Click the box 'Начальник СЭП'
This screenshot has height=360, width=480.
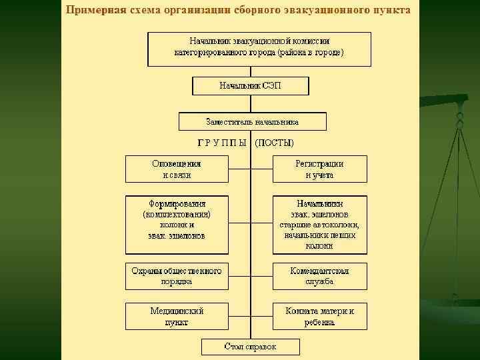tap(251, 86)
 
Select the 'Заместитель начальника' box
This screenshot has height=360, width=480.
tap(252, 122)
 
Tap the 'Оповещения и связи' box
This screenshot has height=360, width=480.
tap(177, 169)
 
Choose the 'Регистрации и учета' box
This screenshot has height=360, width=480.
tap(319, 169)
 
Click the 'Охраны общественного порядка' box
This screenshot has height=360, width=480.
tap(177, 276)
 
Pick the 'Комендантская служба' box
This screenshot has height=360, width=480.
tap(319, 276)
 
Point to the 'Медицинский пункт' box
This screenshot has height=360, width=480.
tap(177, 317)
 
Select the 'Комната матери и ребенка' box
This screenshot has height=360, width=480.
tap(319, 317)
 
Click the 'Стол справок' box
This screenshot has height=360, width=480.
tap(250, 347)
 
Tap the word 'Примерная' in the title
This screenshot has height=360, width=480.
tap(95, 11)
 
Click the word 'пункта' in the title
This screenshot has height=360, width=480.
tap(391, 11)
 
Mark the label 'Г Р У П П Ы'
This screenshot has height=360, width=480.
tap(223, 143)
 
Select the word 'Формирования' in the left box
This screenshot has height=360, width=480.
tap(177, 204)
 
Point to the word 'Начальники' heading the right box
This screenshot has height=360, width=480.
tap(319, 204)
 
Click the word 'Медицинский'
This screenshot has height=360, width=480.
tap(177, 311)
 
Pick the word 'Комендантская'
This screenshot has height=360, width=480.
tap(319, 271)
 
